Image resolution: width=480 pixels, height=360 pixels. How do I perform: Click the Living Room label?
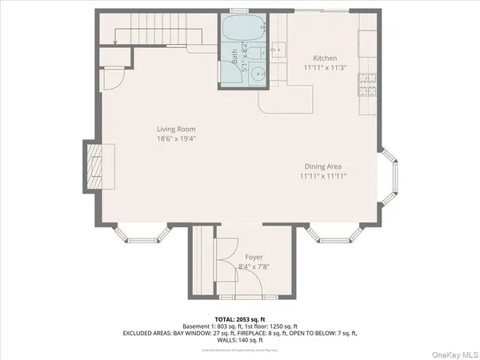[x=176, y=129]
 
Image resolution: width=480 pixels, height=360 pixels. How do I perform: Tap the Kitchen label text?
[x=325, y=58]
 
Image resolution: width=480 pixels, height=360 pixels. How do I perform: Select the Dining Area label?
[x=324, y=166]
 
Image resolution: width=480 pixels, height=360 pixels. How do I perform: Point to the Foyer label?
[x=254, y=258]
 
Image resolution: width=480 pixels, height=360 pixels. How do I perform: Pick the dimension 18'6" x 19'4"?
[x=176, y=138]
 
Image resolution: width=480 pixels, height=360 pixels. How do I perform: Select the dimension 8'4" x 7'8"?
[x=254, y=267]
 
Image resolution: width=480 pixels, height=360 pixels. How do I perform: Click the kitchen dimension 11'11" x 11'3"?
[x=325, y=68]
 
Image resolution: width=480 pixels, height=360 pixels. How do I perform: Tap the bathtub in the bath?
[x=242, y=32]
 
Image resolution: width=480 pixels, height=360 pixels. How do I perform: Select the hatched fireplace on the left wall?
[x=96, y=166]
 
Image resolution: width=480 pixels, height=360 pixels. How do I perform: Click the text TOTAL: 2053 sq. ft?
[x=240, y=319]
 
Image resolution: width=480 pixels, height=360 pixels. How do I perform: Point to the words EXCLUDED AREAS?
[x=149, y=332]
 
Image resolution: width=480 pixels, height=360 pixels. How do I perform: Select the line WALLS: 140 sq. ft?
[x=240, y=338]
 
